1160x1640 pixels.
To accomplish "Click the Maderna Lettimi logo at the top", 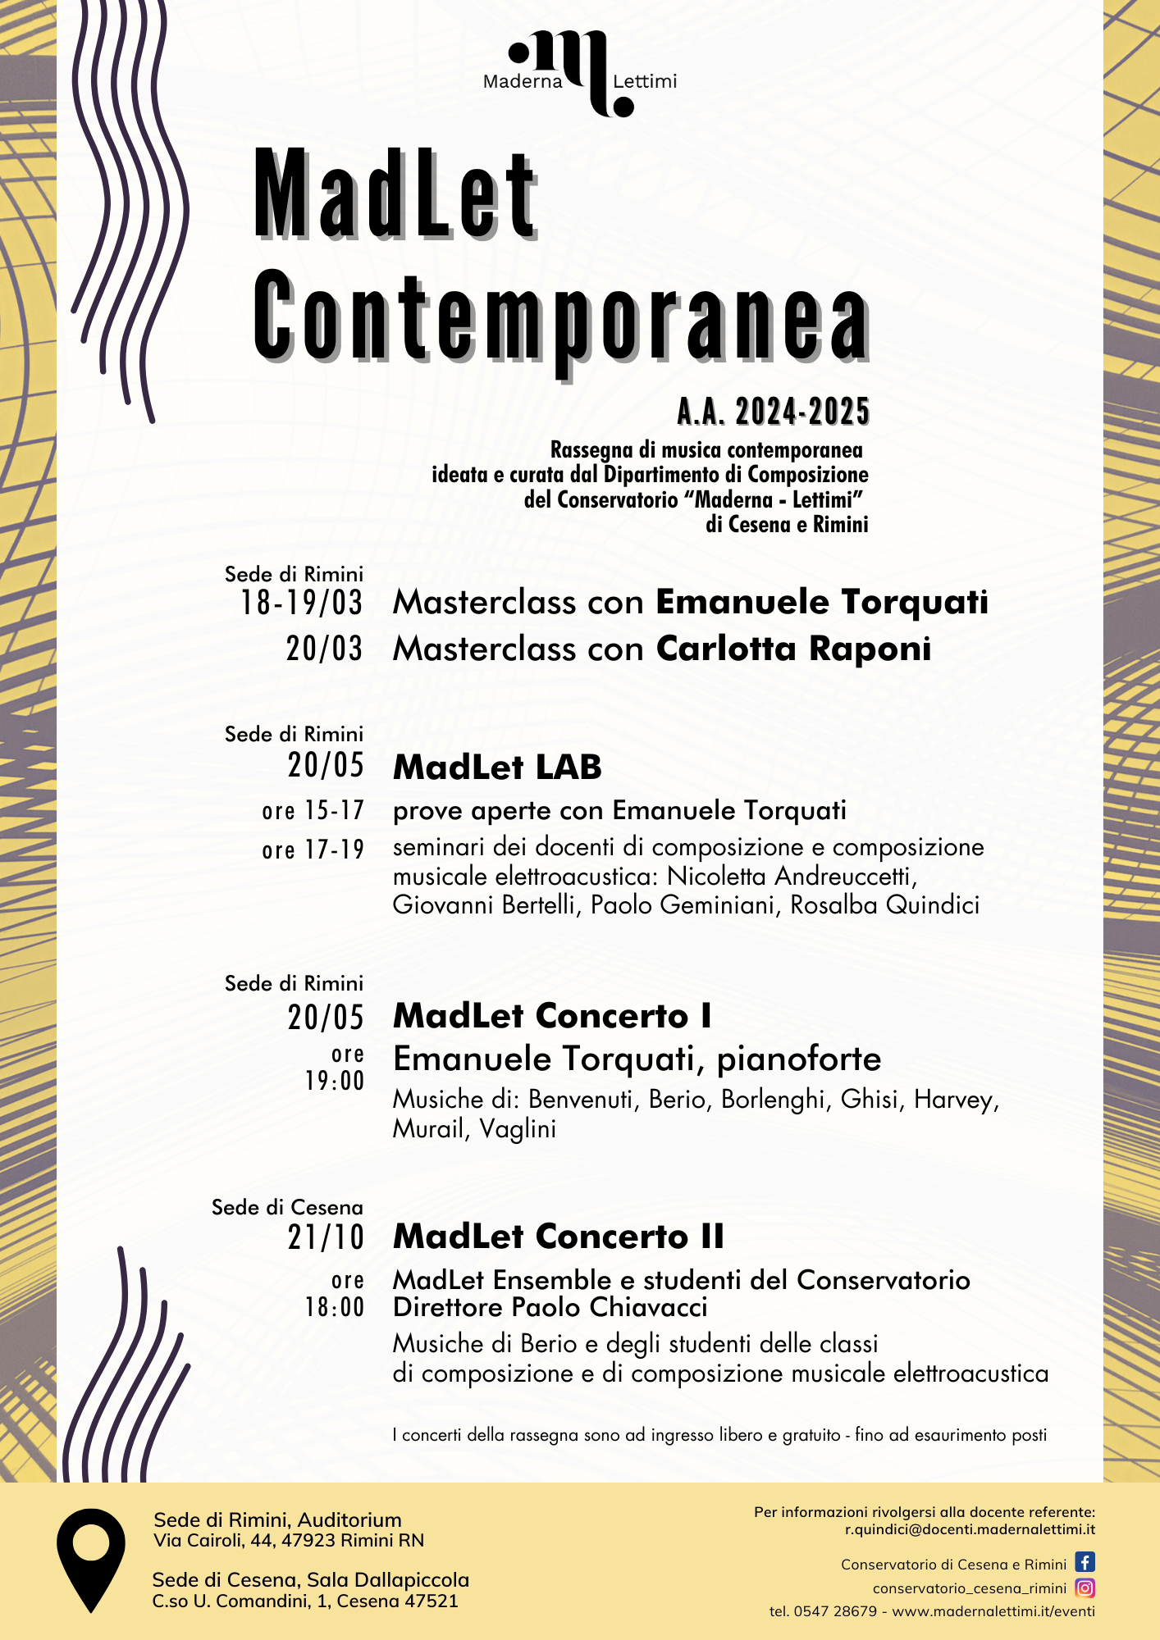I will (580, 74).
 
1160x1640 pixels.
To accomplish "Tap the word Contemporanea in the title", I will (560, 317).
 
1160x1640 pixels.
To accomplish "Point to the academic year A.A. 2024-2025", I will (773, 412).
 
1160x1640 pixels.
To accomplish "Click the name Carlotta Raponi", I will (793, 649).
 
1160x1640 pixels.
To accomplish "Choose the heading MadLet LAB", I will (497, 768).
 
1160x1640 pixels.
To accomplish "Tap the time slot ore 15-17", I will (313, 811).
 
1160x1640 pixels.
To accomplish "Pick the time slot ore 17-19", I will (313, 850).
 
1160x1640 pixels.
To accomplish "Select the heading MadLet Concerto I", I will (552, 1016).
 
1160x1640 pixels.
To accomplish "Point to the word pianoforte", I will (799, 1059).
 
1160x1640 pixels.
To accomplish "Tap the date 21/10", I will (326, 1237).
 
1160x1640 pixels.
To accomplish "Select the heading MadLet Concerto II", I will (559, 1237).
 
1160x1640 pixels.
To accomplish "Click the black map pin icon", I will (90, 1558).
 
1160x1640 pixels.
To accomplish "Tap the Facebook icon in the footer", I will (1085, 1562).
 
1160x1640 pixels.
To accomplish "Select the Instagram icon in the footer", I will (1085, 1588).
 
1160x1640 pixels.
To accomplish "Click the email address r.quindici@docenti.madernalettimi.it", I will (970, 1529).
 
